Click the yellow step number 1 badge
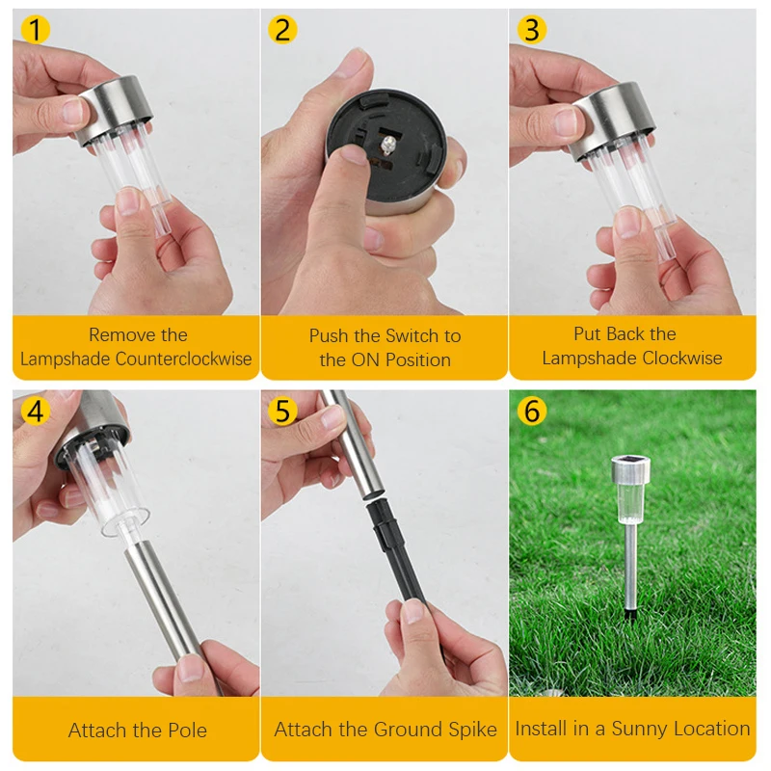[x=36, y=30]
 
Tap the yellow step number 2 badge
[x=281, y=30]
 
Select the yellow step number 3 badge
[x=531, y=30]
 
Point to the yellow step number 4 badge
[x=36, y=412]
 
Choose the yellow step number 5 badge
[x=281, y=412]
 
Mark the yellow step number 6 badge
[x=531, y=412]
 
